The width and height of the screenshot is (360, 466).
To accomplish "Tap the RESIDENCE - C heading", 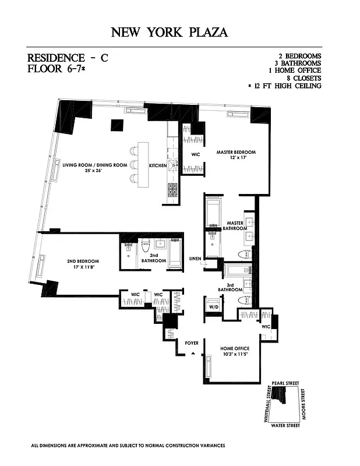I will pos(68,58).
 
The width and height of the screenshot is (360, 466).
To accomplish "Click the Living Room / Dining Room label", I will pos(94,168).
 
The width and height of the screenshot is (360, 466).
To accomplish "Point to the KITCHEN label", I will pos(157,165).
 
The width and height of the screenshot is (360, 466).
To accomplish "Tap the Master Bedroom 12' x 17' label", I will pos(236,156).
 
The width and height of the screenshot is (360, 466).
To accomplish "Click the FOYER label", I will pos(192,343).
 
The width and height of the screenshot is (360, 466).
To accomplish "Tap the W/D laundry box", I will pos(213,307).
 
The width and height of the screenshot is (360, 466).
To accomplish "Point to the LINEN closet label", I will pos(195,259).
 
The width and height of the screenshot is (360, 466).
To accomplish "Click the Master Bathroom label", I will pos(235,225).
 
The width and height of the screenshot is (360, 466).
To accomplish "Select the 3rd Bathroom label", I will pos(231,287).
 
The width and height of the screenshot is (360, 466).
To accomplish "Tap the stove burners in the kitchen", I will pos(173,189).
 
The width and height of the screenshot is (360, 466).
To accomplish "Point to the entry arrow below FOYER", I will pos(192,353).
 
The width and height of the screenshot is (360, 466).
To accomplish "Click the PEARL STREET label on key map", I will pos(285,383).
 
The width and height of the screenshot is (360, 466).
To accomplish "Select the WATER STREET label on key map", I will pos(285,426).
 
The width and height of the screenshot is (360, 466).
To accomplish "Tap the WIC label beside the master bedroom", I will pos(196,155).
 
